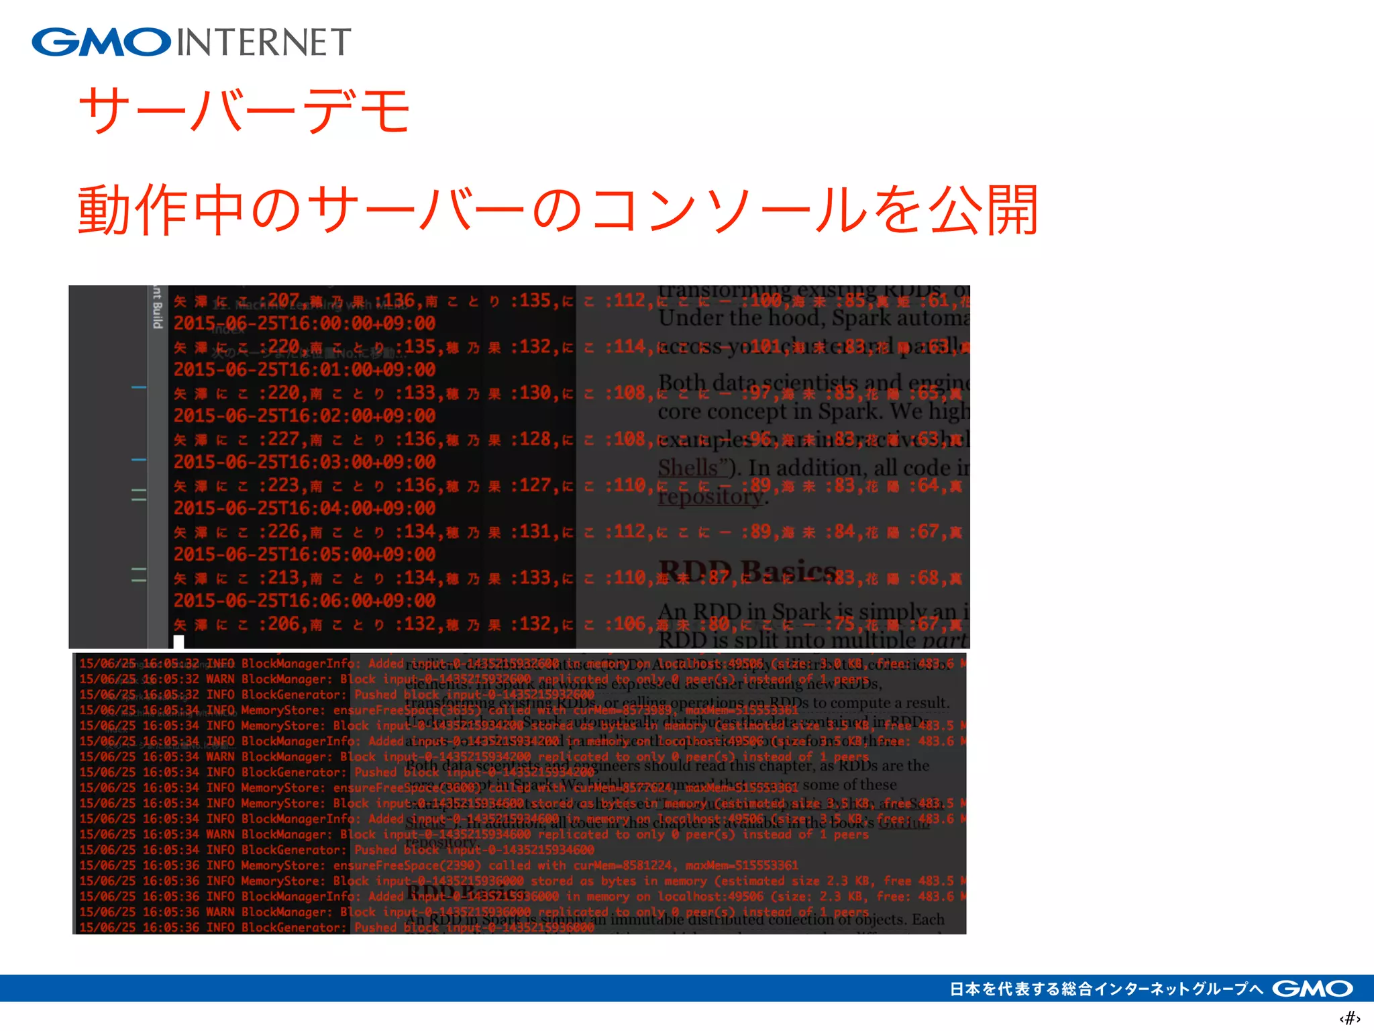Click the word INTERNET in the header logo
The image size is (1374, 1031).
coord(264,42)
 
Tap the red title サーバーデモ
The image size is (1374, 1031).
coord(245,111)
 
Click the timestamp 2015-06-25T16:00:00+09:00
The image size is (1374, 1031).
coord(305,324)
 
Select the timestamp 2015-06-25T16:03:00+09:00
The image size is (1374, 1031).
coord(305,462)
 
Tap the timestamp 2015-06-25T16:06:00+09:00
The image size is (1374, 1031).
coord(305,601)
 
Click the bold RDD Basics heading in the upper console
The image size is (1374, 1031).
coord(748,571)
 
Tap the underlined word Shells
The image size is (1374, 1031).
coord(688,467)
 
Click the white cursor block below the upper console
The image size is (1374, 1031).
coord(178,642)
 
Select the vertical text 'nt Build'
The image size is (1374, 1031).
coord(158,307)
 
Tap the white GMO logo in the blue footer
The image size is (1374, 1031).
coord(1312,989)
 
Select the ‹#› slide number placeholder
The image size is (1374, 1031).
coord(1350,1018)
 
